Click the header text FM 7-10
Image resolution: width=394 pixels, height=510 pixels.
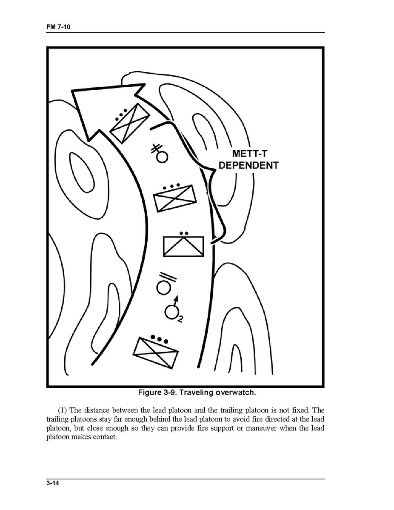click(x=59, y=27)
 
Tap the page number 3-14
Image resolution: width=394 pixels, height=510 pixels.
click(x=53, y=483)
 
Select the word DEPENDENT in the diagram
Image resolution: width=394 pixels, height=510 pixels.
click(x=248, y=165)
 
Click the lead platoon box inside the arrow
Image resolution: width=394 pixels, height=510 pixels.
click(x=129, y=123)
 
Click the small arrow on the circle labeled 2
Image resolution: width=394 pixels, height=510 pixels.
click(x=176, y=300)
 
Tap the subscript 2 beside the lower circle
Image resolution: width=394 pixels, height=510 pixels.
click(x=180, y=319)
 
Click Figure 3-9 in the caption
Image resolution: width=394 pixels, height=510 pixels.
click(x=158, y=393)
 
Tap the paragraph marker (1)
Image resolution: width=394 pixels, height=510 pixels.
click(x=63, y=410)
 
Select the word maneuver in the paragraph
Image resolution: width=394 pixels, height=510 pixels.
click(x=260, y=428)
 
